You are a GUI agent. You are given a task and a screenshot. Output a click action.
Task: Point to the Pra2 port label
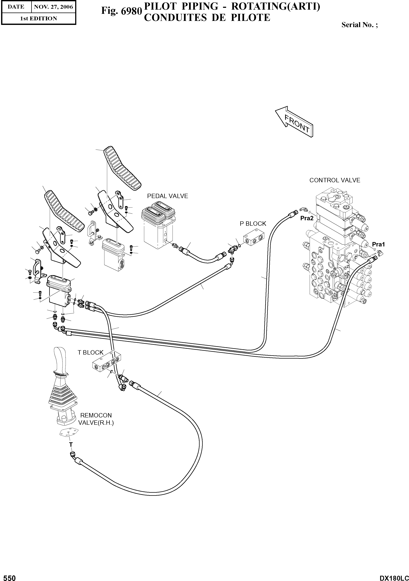pyautogui.click(x=307, y=218)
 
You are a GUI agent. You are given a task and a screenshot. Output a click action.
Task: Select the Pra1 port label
pyautogui.click(x=378, y=244)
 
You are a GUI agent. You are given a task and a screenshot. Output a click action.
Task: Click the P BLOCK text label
pyautogui.click(x=253, y=224)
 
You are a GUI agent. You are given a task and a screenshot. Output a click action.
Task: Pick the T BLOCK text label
pyautogui.click(x=90, y=353)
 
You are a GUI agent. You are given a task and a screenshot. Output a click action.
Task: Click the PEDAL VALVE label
pyautogui.click(x=167, y=196)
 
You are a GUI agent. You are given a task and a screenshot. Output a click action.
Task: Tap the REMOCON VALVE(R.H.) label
pyautogui.click(x=96, y=419)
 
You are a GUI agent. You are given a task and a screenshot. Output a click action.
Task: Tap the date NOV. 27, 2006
pyautogui.click(x=53, y=7)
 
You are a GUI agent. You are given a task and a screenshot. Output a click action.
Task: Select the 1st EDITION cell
pyautogui.click(x=39, y=19)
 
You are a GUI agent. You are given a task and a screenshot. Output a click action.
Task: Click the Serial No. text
pyautogui.click(x=359, y=25)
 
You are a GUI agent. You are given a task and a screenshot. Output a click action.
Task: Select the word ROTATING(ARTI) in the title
pyautogui.click(x=276, y=7)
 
